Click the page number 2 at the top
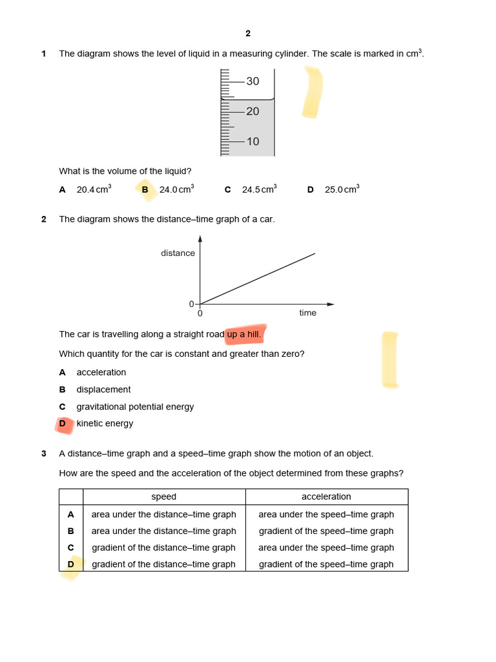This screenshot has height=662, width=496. coord(248,34)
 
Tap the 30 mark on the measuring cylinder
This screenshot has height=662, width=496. coord(253,81)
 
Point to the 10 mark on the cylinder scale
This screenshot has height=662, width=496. coord(253,142)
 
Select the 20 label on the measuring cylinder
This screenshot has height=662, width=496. coord(253,112)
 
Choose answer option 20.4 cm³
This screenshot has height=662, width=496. coord(94,189)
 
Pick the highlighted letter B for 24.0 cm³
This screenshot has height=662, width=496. coord(145,189)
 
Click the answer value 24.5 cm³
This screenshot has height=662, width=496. coord(260,189)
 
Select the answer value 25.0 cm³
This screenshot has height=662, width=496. coord(342,189)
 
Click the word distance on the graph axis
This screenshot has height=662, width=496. coord(178,253)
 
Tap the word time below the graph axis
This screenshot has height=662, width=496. coord(308,313)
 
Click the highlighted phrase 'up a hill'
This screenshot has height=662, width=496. coord(243,334)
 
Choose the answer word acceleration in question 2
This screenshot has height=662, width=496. coord(101,372)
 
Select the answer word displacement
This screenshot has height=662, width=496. coord(103,390)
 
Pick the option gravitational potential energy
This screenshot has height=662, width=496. coord(135,407)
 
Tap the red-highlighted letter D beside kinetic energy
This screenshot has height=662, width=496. coord(63,423)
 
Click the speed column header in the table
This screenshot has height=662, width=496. coord(164,496)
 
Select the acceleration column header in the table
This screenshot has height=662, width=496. coord(326,496)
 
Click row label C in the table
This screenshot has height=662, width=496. coord(71,548)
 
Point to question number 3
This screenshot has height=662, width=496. coord(44,454)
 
